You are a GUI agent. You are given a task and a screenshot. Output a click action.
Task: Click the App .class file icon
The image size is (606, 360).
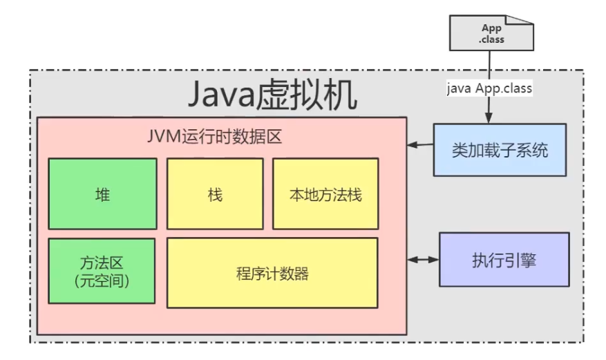pyautogui.click(x=491, y=33)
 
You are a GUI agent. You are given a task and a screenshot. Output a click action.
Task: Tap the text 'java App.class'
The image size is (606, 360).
pyautogui.click(x=488, y=89)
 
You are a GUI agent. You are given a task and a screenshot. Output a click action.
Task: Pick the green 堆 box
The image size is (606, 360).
pyautogui.click(x=102, y=194)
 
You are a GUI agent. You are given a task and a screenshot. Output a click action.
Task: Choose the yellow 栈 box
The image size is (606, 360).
pyautogui.click(x=215, y=194)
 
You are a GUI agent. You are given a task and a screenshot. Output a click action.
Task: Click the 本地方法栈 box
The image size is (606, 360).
pyautogui.click(x=325, y=194)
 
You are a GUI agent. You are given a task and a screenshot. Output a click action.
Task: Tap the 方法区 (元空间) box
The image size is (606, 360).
pyautogui.click(x=102, y=272)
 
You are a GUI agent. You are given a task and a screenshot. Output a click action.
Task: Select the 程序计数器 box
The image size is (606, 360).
pyautogui.click(x=272, y=273)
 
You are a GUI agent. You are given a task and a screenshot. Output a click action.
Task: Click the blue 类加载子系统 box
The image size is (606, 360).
pyautogui.click(x=500, y=149)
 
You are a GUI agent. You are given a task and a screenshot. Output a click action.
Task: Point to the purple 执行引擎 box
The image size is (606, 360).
pyautogui.click(x=504, y=260)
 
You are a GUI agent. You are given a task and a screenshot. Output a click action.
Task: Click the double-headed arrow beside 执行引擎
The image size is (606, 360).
pyautogui.click(x=423, y=260)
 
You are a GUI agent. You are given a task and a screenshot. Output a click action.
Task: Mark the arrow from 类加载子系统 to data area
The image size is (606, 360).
pyautogui.click(x=420, y=145)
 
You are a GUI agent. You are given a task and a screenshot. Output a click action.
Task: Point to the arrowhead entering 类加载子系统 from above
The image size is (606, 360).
pyautogui.click(x=490, y=117)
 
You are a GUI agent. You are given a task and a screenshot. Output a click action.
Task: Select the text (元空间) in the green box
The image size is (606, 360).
pyautogui.click(x=102, y=281)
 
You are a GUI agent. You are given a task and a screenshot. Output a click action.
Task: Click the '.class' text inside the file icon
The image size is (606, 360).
pyautogui.click(x=491, y=39)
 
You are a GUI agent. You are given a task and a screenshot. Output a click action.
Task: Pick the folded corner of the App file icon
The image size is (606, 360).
pyautogui.click(x=528, y=21)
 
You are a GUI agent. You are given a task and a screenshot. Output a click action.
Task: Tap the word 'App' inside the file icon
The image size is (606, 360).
pyautogui.click(x=491, y=28)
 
